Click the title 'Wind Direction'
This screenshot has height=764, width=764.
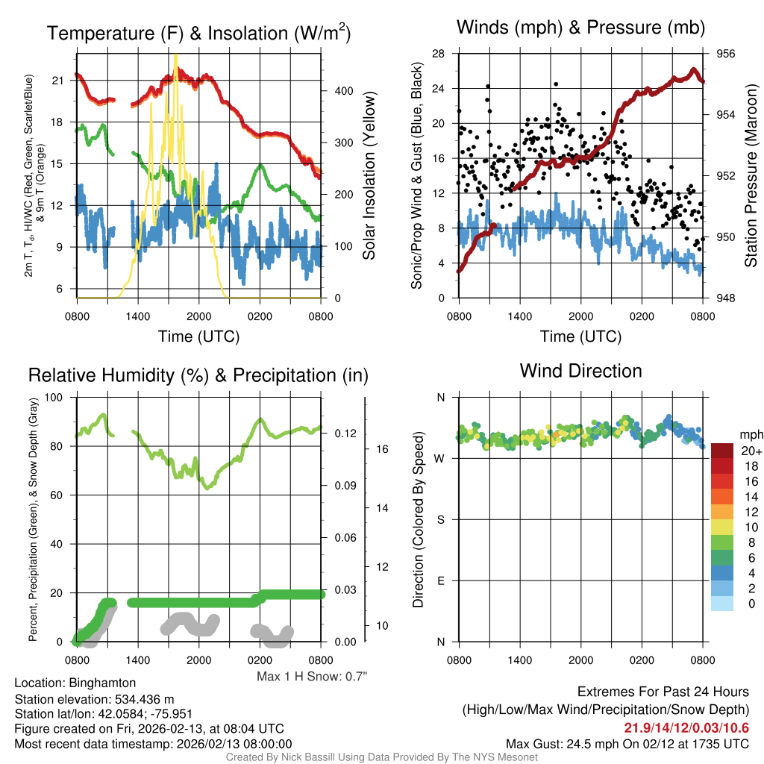[580, 371]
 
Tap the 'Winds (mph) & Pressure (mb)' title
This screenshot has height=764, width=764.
[580, 28]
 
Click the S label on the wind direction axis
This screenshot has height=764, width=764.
[440, 519]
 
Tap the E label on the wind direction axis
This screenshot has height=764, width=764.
[440, 580]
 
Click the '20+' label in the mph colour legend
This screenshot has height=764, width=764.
[748, 451]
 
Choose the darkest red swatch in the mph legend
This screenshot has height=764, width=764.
[723, 451]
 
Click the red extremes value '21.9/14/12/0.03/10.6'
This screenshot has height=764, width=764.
[686, 727]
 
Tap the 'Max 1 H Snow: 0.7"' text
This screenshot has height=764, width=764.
[312, 676]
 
